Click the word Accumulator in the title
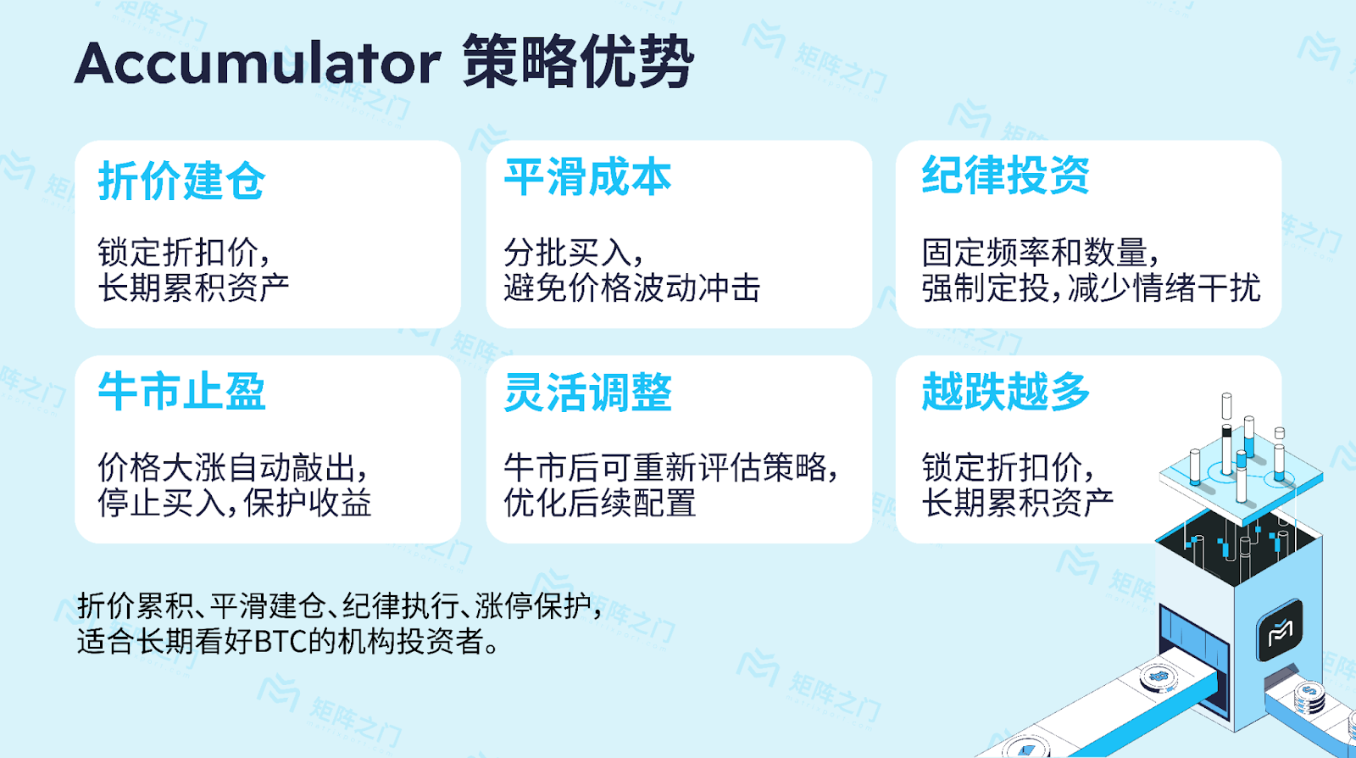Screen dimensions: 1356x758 (258, 63)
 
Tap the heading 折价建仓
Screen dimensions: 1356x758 (181, 181)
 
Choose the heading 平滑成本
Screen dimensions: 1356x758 (588, 178)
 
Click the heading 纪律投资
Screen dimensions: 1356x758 (1005, 176)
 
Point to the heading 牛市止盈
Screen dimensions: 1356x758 (181, 392)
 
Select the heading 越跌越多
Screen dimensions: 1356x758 (1005, 392)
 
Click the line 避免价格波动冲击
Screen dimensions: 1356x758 (632, 287)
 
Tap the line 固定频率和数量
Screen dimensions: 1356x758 (1035, 253)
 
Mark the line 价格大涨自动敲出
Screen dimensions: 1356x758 (226, 468)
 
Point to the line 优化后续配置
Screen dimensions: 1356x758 (600, 503)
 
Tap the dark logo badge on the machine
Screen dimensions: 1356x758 (1279, 630)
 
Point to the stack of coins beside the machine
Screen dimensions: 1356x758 (1309, 696)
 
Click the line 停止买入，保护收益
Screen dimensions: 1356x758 (234, 503)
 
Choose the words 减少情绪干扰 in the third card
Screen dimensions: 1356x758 (1164, 287)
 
